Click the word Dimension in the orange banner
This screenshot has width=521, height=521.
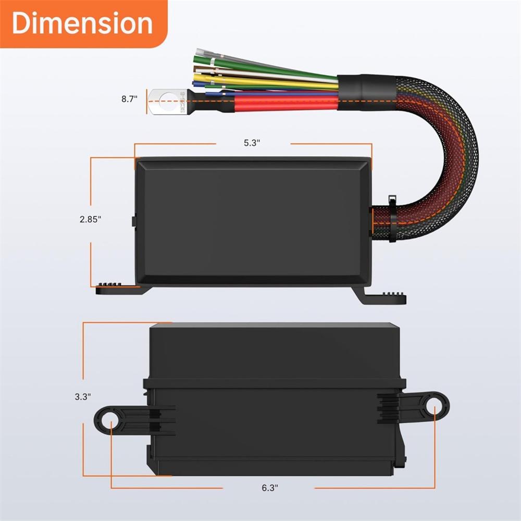pos(82,23)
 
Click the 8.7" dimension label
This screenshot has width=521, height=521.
pos(130,98)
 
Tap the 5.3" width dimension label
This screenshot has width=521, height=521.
pos(252,143)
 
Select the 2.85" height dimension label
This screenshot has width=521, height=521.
pos(90,219)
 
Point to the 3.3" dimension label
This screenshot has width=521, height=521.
pos(83,396)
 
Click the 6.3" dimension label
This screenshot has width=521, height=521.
pos(269,488)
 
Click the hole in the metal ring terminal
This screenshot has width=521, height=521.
pos(165,98)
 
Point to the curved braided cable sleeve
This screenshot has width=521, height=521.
pos(448,151)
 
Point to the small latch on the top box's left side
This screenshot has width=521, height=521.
pos(133,221)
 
